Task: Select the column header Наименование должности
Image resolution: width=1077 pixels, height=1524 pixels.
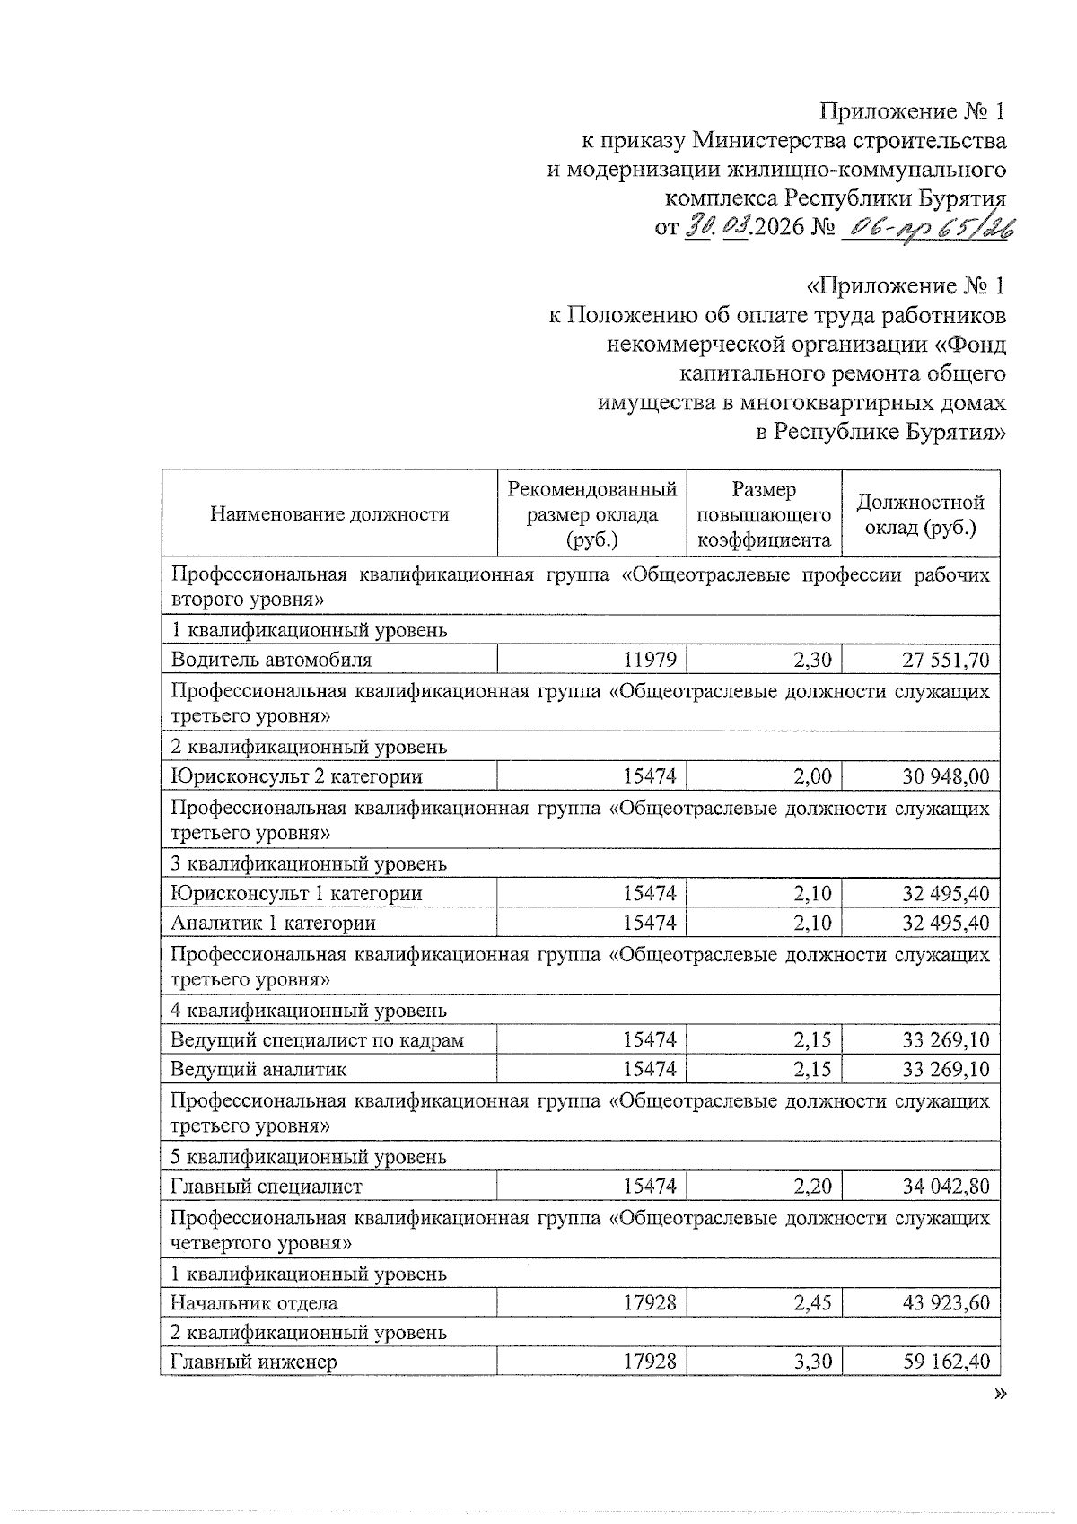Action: point(329,514)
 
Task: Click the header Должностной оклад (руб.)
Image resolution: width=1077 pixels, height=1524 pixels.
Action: point(920,514)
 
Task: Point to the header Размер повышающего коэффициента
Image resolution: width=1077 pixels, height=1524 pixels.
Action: point(764,514)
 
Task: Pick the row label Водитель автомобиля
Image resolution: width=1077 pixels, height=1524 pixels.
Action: point(271,660)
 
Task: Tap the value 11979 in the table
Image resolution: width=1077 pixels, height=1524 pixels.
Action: point(649,661)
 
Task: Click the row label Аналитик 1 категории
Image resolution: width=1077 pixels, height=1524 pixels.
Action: point(274,923)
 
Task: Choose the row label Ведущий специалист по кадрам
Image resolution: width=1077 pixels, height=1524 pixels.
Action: point(318,1040)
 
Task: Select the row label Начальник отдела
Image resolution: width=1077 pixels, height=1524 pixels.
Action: point(254,1303)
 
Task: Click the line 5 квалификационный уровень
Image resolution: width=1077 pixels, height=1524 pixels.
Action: point(309,1157)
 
